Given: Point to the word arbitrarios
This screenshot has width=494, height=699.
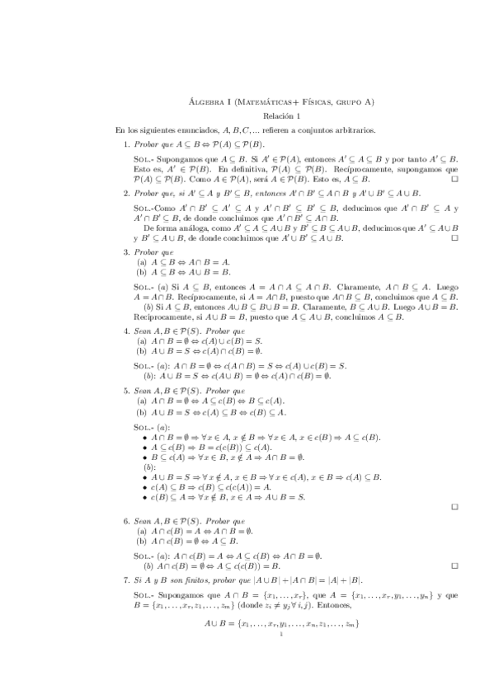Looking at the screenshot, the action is tap(351, 130).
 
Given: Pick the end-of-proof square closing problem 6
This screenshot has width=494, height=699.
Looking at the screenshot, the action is tap(454, 567).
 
